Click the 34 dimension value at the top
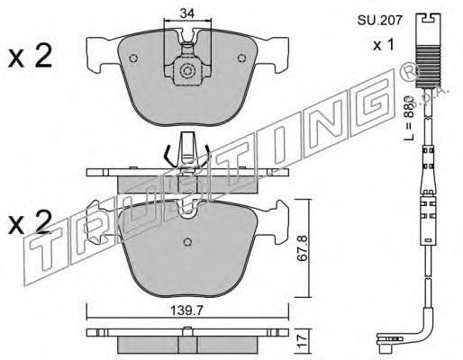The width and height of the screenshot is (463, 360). pos(187,13)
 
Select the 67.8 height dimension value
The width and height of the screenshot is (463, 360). pos(303,248)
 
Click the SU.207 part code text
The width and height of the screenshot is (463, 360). pos(379,21)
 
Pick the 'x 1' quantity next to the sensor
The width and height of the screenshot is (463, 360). pos(384,45)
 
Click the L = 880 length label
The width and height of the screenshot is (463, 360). pos(409,118)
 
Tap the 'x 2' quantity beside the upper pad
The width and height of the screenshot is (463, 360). pos(31,56)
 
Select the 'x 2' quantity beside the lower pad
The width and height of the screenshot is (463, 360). pos(31,222)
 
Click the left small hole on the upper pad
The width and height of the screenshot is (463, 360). pos(133,58)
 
